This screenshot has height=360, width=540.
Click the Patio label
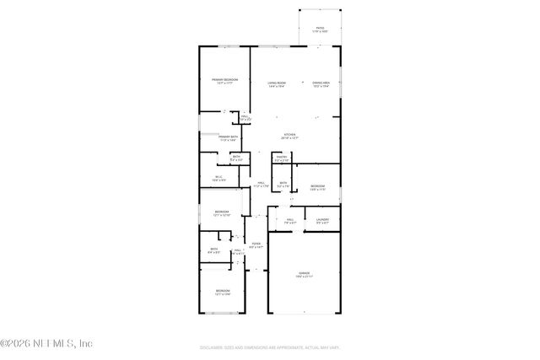tap(320, 28)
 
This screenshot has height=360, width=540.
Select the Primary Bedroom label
tap(224, 78)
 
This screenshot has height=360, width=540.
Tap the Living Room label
tap(278, 82)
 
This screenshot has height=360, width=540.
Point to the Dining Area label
tap(321, 82)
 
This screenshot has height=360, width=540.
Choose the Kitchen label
tap(289, 135)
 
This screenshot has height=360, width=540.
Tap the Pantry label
tap(283, 156)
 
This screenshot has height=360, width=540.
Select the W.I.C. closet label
tap(218, 176)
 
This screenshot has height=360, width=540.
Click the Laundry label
tap(322, 220)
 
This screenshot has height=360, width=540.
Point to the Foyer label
tap(255, 244)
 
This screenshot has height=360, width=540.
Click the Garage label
tap(304, 273)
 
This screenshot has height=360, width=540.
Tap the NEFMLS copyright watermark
tap(46, 343)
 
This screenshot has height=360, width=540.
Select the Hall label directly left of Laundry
tap(289, 220)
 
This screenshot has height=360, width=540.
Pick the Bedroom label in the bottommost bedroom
tap(221, 290)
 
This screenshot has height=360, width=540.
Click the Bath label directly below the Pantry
tap(283, 182)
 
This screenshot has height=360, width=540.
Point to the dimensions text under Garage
tap(304, 277)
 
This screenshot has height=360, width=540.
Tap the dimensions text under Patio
tap(320, 32)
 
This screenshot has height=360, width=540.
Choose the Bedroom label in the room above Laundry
tap(317, 185)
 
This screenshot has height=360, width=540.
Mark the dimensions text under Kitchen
tap(289, 139)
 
